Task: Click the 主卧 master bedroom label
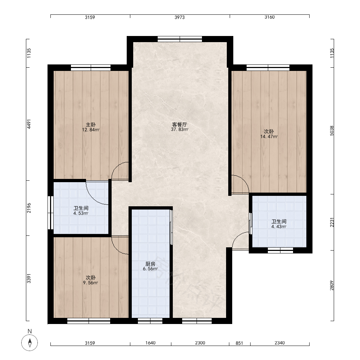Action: click(91, 125)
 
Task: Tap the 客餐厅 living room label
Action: click(180, 125)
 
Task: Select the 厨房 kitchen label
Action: click(150, 264)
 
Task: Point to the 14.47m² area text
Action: click(269, 136)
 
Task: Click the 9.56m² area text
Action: click(90, 283)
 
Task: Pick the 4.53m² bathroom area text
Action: click(81, 213)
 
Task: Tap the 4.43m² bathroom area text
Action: click(279, 226)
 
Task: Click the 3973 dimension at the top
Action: click(180, 17)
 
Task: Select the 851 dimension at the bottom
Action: click(239, 343)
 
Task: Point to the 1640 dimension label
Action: click(150, 343)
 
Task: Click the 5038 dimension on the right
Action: click(332, 131)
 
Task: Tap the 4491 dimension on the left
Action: click(29, 124)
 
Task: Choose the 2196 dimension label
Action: click(29, 208)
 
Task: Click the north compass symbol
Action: click(30, 343)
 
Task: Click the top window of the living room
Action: click(180, 39)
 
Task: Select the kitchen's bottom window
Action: click(150, 321)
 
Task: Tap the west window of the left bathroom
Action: click(50, 213)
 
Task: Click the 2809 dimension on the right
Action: click(332, 285)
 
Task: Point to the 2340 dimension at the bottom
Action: click(280, 343)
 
